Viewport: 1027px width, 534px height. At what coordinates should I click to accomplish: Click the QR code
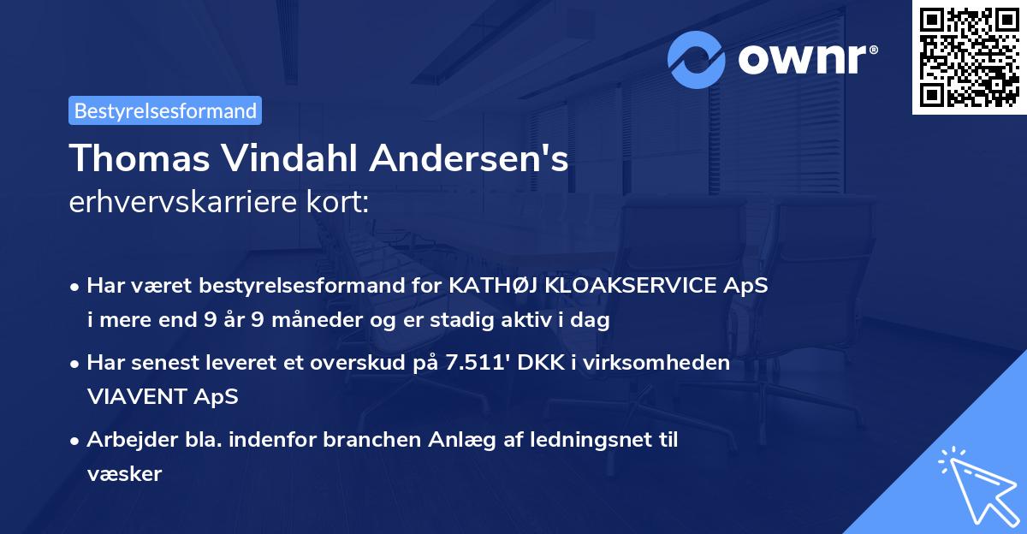969,57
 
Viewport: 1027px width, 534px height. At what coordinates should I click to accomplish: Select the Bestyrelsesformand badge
165,110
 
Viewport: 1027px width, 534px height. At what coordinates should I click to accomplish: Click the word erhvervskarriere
180,202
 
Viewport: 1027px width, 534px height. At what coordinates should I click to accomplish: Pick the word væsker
124,473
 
